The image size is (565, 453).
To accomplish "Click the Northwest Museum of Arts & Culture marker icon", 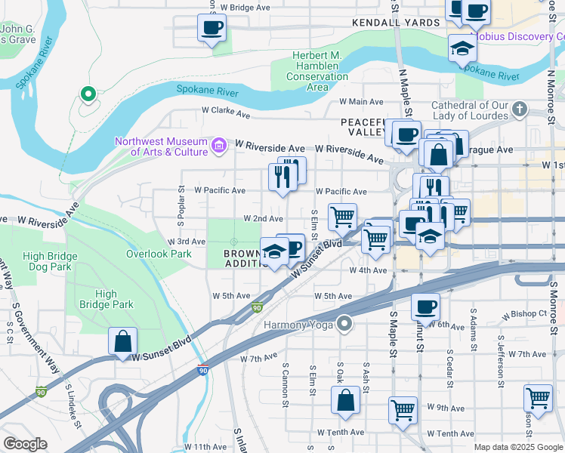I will click(219, 145).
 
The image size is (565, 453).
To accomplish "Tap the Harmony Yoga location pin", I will click(345, 325).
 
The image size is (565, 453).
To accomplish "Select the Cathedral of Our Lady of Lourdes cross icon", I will click(518, 110).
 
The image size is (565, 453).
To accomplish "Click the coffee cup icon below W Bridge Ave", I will click(211, 28).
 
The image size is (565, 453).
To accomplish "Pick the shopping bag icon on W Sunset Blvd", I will click(122, 341).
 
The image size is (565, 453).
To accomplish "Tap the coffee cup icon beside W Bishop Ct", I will click(425, 307).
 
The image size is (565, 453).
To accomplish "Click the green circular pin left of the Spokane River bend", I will click(88, 94).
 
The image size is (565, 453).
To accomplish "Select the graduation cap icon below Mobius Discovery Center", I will click(462, 49).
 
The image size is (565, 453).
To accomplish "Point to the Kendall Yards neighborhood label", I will click(396, 23).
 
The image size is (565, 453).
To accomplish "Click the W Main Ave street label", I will click(362, 101).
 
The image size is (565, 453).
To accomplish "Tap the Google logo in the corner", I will click(25, 444).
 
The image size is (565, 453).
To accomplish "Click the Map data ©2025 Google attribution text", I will click(518, 447).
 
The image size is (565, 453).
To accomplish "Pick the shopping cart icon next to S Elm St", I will click(342, 217).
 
